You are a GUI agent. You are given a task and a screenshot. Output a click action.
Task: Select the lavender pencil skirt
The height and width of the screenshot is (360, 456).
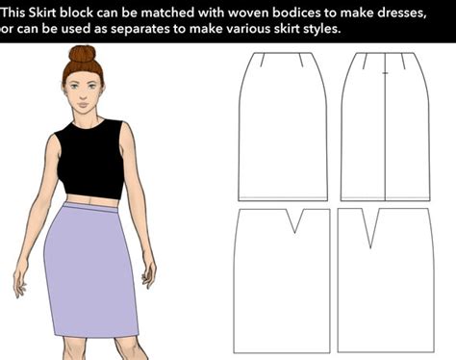[x=91, y=270]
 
